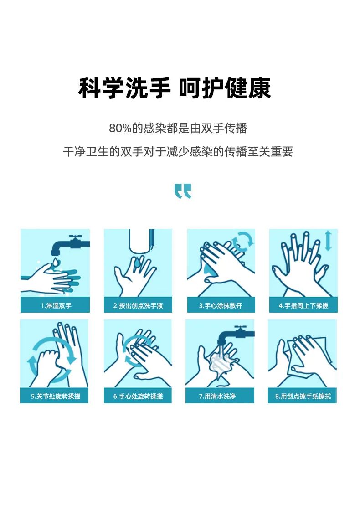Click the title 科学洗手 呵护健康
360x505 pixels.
coord(175,88)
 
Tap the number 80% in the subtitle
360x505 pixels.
coord(120,128)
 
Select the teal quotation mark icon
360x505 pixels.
coord(183,191)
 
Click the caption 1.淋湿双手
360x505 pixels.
coord(56,306)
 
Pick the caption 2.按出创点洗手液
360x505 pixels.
coord(138,306)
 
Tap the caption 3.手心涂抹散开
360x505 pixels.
coord(221,306)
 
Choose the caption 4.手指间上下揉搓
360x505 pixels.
coord(303,306)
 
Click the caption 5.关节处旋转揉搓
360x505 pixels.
coord(56,396)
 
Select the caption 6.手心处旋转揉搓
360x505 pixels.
coord(138,396)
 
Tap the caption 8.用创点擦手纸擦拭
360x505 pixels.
coord(303,396)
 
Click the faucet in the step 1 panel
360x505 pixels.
coord(70,245)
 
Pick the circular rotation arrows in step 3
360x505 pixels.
coord(243,242)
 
